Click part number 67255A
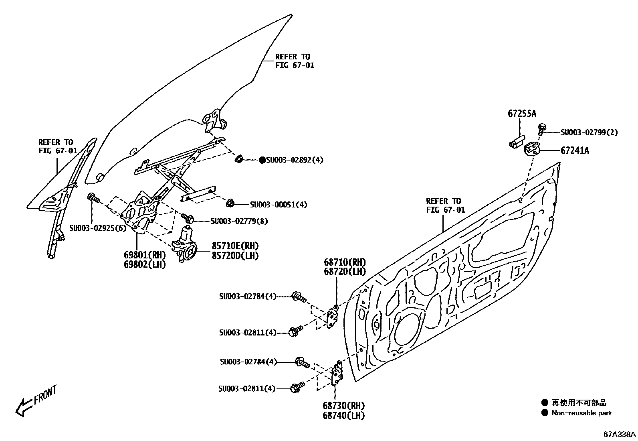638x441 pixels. [522, 114]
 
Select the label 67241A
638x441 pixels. [575, 150]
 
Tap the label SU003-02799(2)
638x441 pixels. [589, 132]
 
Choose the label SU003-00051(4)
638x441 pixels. [279, 205]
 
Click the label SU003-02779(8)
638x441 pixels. [239, 221]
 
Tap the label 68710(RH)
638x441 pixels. [345, 262]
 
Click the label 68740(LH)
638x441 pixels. [343, 416]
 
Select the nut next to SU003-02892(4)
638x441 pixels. [238, 159]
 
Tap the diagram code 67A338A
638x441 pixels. [620, 434]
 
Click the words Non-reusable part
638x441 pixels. [581, 413]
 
